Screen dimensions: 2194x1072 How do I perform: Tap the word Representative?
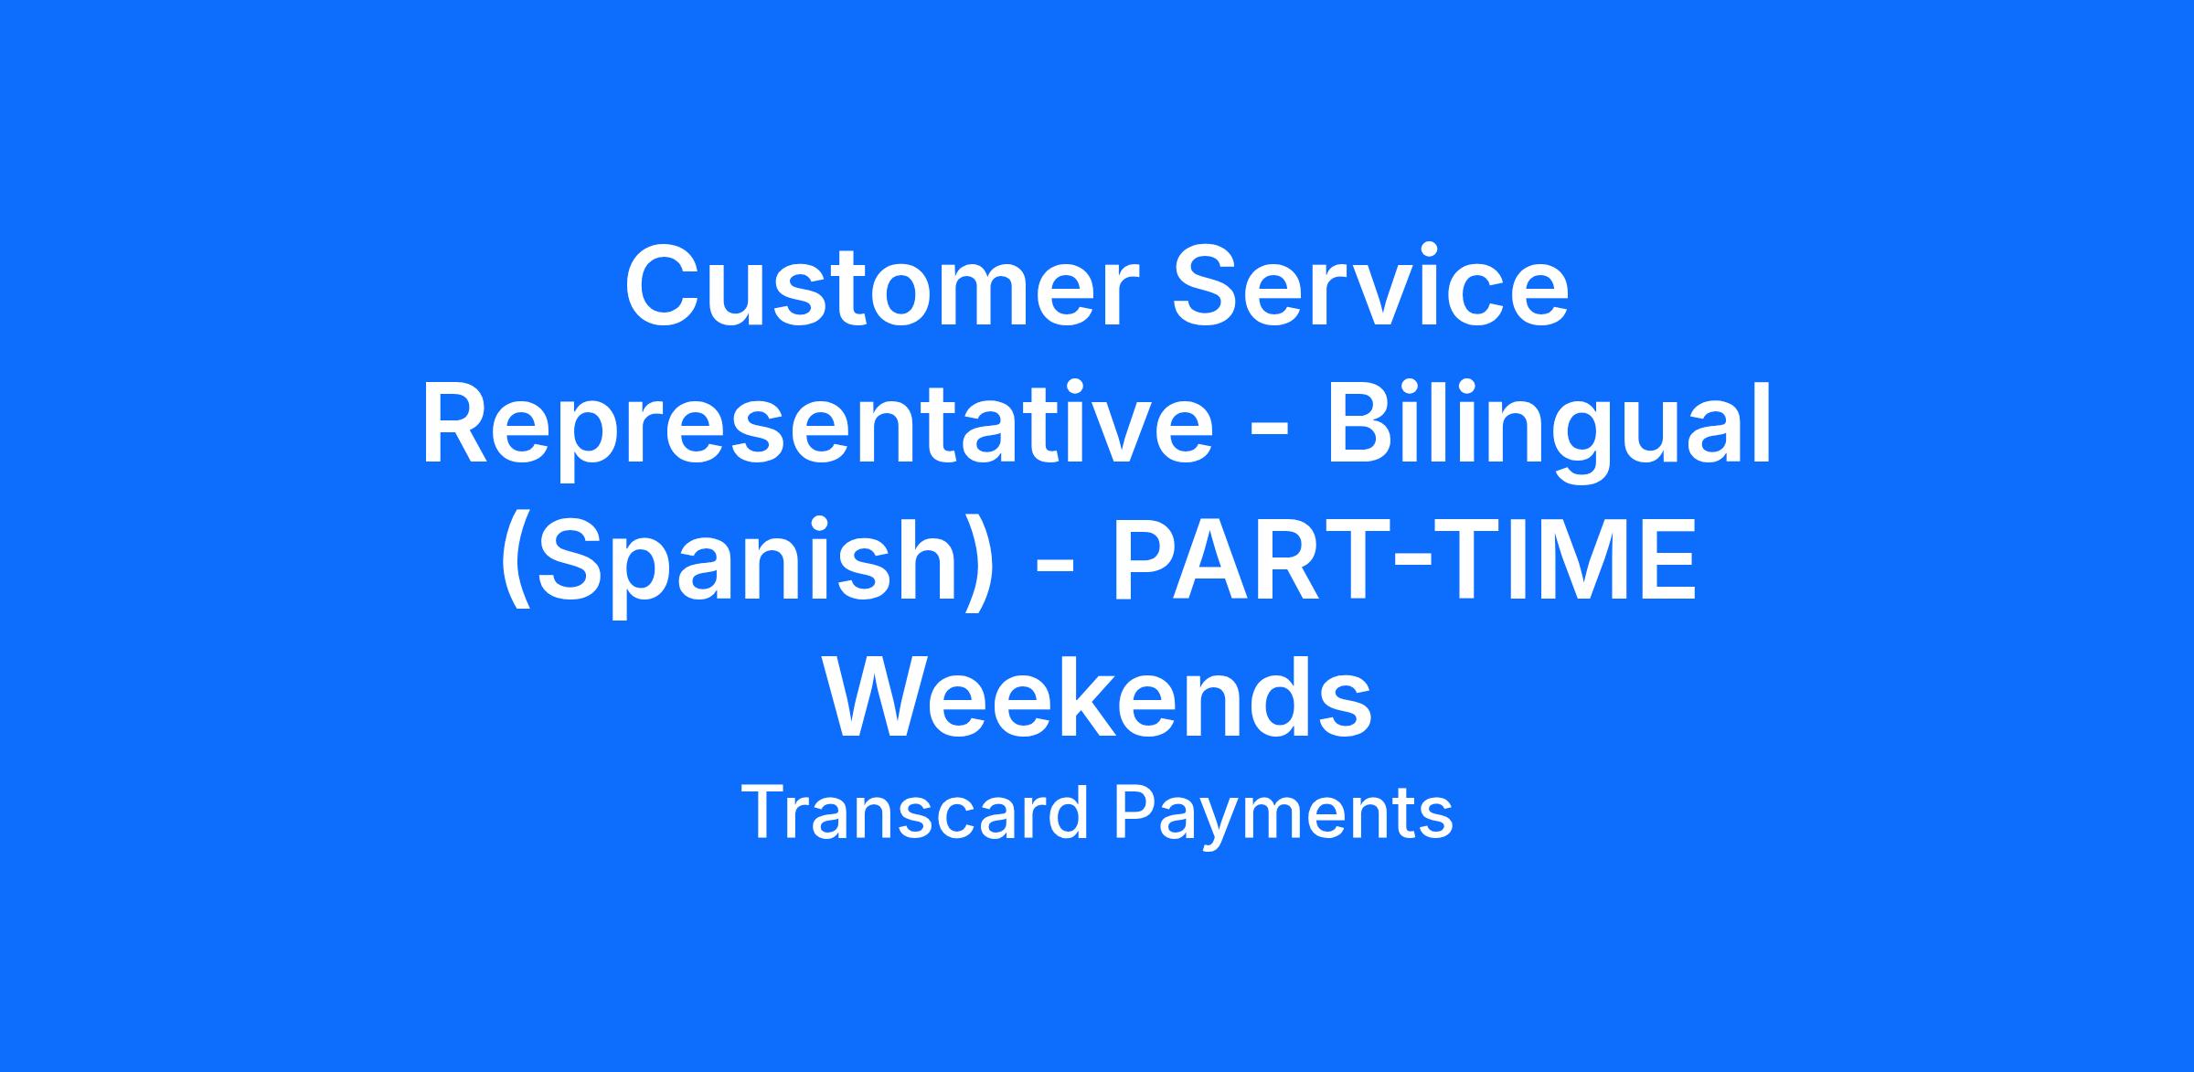(x=816, y=425)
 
